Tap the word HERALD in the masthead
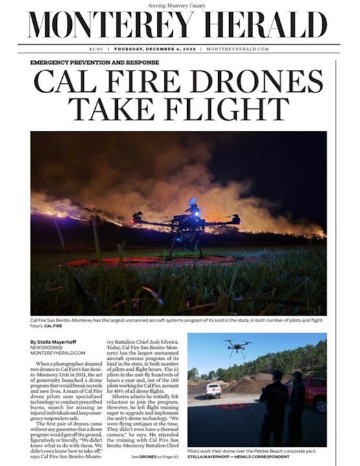(260, 26)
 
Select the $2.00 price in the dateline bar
(97, 50)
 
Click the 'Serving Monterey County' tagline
(179, 5)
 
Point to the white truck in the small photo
(213, 388)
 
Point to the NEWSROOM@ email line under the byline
(47, 348)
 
